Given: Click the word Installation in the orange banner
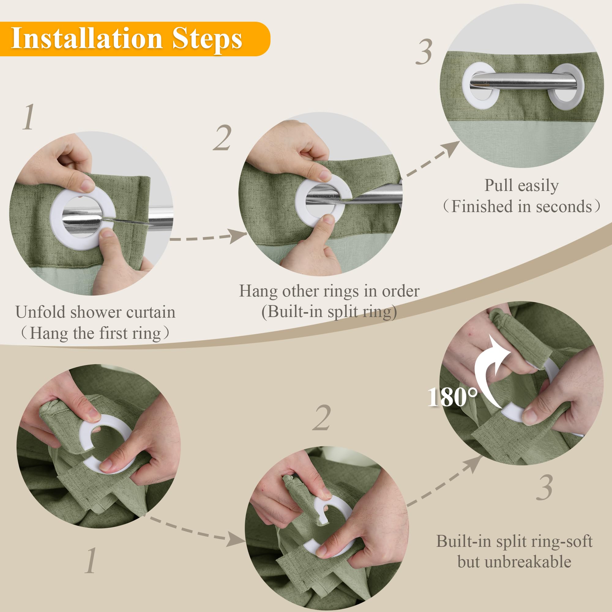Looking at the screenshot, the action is tap(87, 38).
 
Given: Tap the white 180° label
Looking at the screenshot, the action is tap(452, 397).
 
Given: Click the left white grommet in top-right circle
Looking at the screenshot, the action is tap(481, 82).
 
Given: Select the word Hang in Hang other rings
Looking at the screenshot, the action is tap(258, 291).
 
